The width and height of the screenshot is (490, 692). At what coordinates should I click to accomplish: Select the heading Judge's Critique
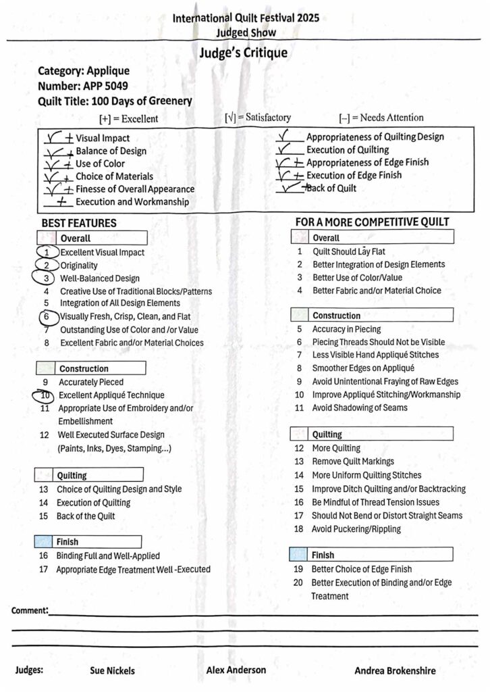coord(244,53)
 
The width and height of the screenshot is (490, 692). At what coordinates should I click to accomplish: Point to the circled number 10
coord(45,395)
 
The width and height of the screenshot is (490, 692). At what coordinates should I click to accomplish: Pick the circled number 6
coord(47,316)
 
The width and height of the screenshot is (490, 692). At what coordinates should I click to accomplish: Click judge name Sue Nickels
coord(112,670)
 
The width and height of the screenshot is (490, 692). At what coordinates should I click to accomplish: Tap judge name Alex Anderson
coord(236,670)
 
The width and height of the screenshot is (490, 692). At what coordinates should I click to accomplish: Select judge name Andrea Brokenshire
coord(395,670)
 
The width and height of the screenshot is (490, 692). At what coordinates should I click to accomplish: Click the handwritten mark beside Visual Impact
coord(59,138)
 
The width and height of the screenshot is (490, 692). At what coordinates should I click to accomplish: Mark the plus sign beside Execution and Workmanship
coord(62,201)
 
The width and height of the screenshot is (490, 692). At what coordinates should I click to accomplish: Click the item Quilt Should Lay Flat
coord(348,251)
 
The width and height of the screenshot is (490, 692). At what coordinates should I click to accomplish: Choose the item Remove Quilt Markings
coord(353,462)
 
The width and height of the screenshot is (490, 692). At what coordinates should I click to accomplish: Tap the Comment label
coord(30,611)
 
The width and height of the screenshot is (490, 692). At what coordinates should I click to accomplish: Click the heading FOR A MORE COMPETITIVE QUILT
coord(372,222)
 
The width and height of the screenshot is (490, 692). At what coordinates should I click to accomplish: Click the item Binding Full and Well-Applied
coord(108,555)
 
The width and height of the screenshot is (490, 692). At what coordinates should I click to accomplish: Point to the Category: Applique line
coord(84,70)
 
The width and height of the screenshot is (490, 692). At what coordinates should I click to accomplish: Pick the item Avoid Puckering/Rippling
coord(356,529)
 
